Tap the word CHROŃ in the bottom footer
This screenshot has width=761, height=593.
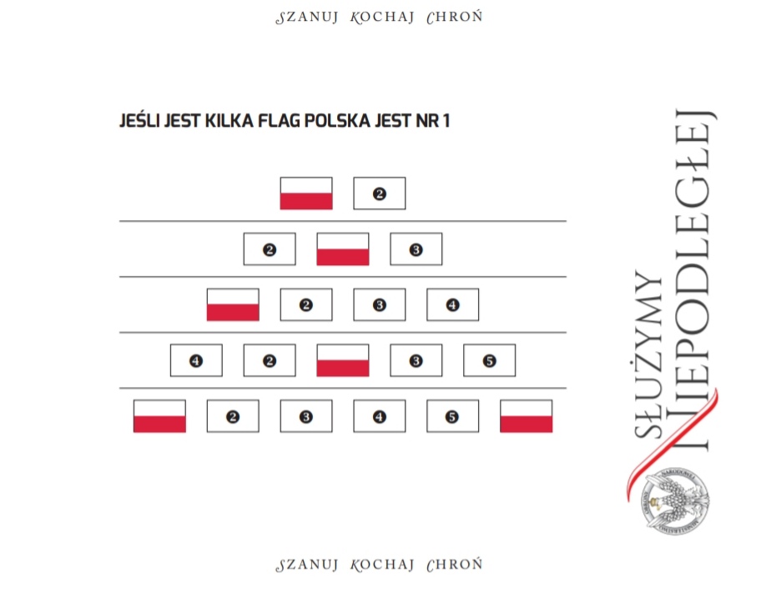(454, 565)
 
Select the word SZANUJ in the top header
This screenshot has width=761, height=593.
(307, 18)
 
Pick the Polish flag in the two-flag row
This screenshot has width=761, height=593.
(306, 193)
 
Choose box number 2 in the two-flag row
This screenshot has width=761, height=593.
(380, 193)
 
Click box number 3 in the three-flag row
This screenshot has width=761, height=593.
(416, 249)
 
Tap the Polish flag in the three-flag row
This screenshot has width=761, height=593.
(343, 249)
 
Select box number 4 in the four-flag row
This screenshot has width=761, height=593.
(453, 305)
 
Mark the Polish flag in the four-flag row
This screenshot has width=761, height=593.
(233, 305)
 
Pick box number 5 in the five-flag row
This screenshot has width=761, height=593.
(490, 360)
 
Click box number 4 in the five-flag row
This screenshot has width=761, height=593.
(196, 360)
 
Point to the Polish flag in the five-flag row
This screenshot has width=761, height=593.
(343, 360)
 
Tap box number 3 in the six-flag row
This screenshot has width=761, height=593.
(306, 416)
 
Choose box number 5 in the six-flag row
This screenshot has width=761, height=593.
(453, 416)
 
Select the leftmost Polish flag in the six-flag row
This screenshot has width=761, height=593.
(159, 416)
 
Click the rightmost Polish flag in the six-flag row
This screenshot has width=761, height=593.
(527, 416)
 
